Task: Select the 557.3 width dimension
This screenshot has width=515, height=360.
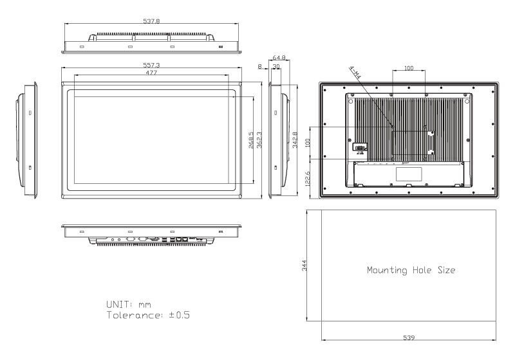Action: click(152, 66)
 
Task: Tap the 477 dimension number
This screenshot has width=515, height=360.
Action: click(152, 73)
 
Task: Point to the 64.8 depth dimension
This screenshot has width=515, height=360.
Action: click(279, 58)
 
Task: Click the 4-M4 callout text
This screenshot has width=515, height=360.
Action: click(355, 74)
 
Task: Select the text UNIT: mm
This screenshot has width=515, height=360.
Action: click(128, 303)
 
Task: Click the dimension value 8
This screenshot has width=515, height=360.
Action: click(259, 66)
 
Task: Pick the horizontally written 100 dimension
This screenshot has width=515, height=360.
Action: click(409, 67)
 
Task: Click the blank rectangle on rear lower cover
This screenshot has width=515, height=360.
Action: click(409, 174)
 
